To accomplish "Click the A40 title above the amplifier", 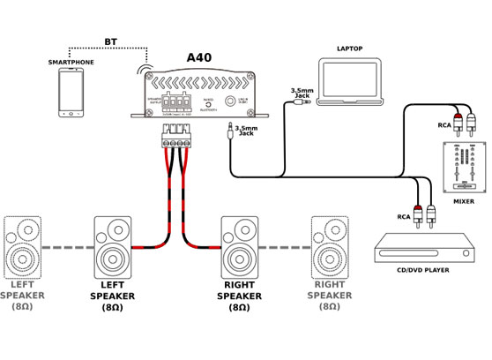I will click(199, 57).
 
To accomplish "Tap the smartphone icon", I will click(72, 93).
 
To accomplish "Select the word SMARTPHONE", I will click(71, 63).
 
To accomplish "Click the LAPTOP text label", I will click(350, 49).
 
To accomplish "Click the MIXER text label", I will click(463, 201).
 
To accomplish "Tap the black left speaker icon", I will click(112, 248).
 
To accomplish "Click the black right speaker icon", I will click(239, 248).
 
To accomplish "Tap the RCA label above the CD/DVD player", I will click(404, 216).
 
